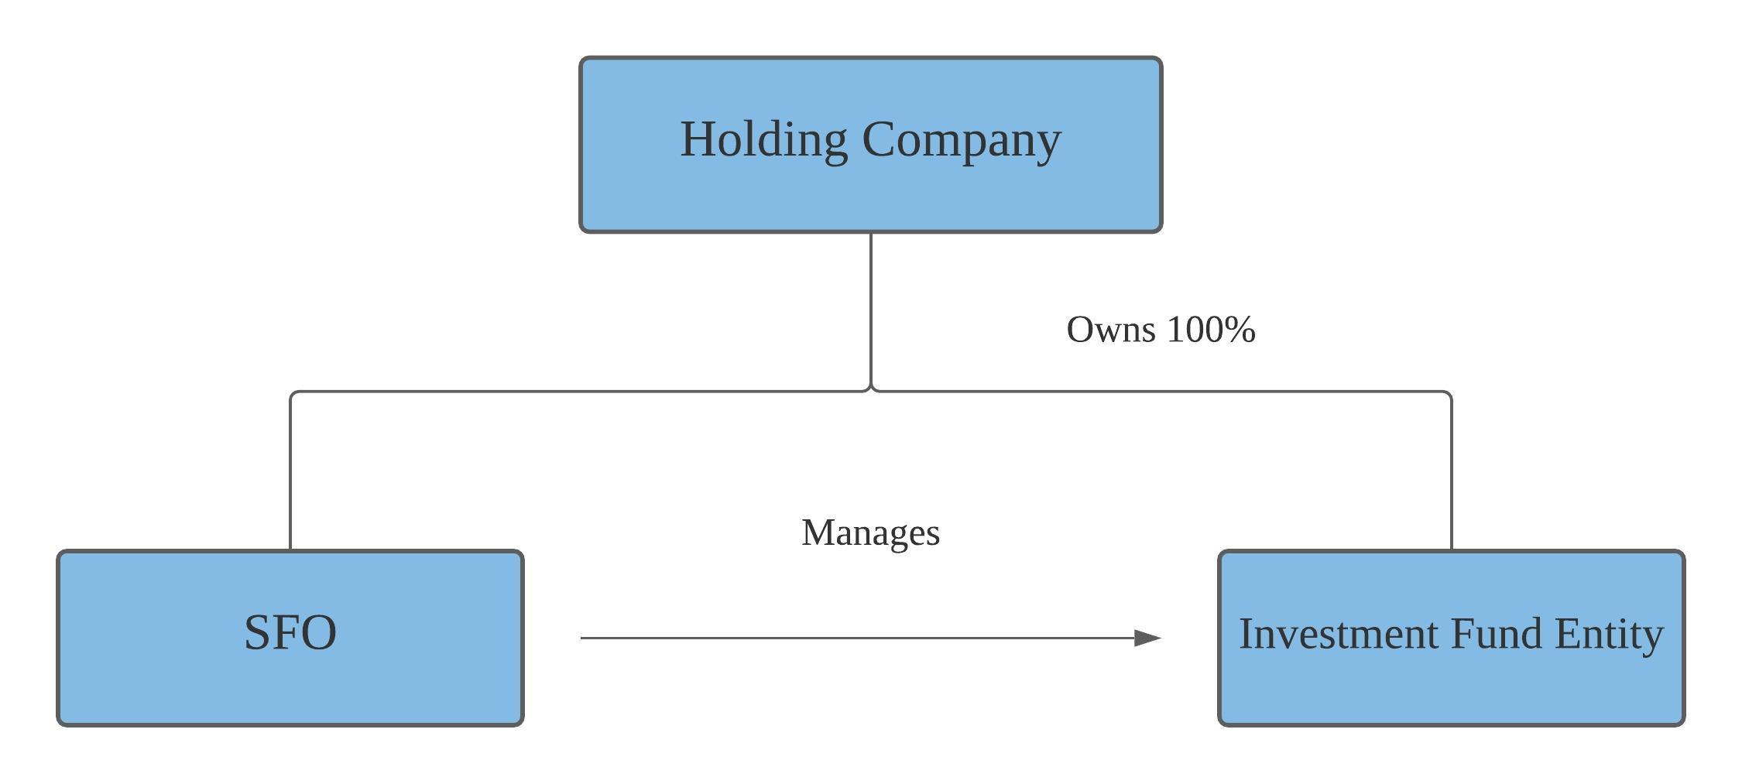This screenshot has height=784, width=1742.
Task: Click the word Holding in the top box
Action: (x=763, y=140)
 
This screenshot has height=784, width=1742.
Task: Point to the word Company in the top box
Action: (x=961, y=140)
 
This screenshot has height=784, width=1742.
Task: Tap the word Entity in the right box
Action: (x=1608, y=634)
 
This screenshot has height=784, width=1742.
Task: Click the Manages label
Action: (x=870, y=533)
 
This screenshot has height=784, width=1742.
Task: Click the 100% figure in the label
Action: (x=1210, y=330)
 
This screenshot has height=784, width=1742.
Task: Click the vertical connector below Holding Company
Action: (x=871, y=310)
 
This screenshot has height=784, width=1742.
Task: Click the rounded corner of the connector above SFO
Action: (x=293, y=394)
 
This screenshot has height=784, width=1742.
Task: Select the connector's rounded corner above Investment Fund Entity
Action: (x=1449, y=394)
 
